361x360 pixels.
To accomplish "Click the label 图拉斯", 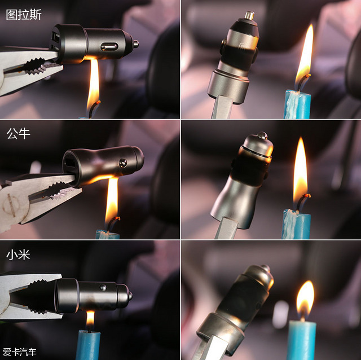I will coord(24,14).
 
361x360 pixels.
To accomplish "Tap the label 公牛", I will coord(18,134).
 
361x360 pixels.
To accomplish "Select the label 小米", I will coord(18,254).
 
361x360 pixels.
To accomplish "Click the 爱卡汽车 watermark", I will coord(20,352).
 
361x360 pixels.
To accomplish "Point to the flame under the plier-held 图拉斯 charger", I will coord(93,85).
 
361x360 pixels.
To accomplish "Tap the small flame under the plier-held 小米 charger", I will coord(90,318).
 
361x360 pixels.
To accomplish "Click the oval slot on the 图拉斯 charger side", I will coord(108,47).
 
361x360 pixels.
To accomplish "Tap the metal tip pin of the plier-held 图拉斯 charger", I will coord(135,43).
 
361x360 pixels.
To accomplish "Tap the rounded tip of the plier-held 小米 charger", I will coord(130,296).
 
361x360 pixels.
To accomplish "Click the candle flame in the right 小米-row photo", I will coord(305,299).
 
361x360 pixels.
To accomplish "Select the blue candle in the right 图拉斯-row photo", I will coord(297,104).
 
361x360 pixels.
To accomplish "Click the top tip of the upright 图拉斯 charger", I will coord(249,15).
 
